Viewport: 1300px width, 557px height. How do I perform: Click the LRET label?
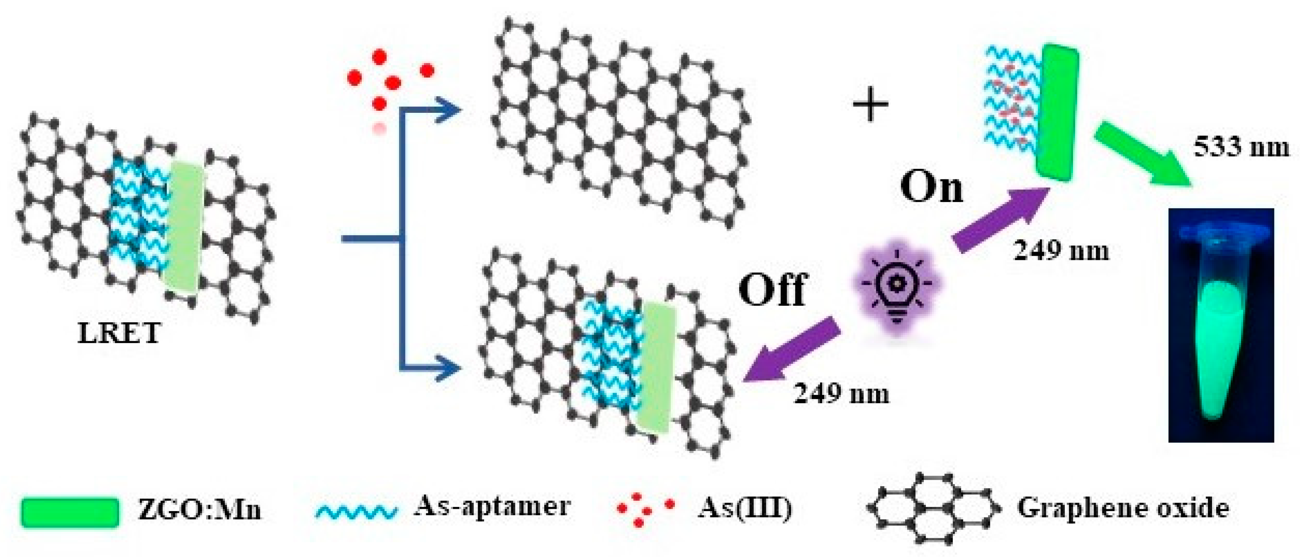(x=119, y=333)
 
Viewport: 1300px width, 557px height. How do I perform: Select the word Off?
(x=773, y=290)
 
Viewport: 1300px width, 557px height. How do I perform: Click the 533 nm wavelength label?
(x=1241, y=148)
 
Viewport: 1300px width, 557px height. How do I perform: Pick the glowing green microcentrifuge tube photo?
(x=1221, y=326)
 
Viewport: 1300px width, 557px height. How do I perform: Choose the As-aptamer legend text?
(x=492, y=507)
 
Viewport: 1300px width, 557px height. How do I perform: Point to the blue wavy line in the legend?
(x=356, y=511)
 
